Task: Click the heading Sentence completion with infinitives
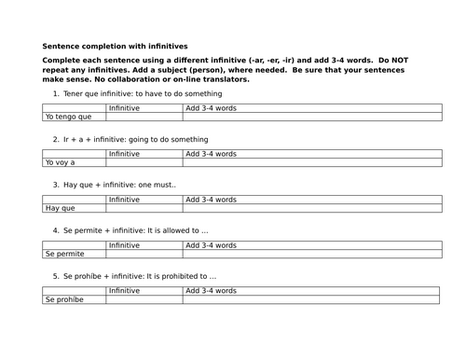click(115, 45)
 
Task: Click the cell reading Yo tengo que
click(68, 118)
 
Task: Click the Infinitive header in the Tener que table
click(125, 108)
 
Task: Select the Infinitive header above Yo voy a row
click(125, 154)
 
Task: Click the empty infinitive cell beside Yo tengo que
click(144, 118)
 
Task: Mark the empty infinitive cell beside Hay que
click(144, 208)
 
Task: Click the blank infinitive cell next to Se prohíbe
click(144, 298)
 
